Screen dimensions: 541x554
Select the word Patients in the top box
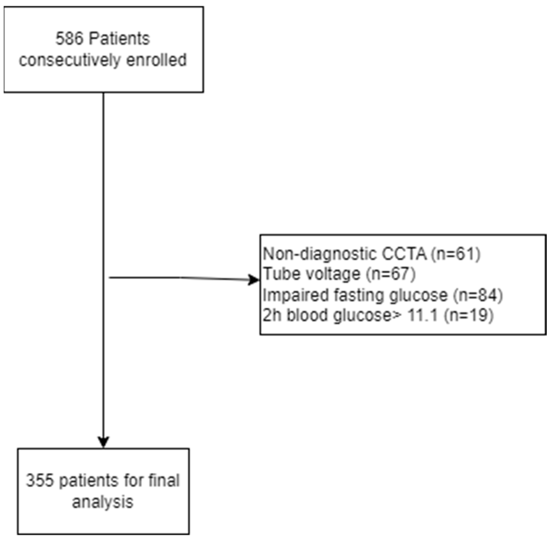(x=119, y=39)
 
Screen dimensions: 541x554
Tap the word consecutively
(x=70, y=60)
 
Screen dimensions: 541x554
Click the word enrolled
(x=156, y=60)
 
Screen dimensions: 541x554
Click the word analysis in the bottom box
(x=103, y=502)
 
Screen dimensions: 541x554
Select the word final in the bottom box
(x=164, y=480)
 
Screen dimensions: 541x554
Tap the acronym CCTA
(x=404, y=254)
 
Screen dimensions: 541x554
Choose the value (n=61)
(x=455, y=254)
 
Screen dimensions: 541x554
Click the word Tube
(x=279, y=274)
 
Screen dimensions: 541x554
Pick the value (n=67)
(x=391, y=274)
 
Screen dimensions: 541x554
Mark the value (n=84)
(x=478, y=295)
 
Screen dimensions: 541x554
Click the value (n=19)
(x=468, y=316)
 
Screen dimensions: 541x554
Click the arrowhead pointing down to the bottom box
(x=103, y=442)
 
